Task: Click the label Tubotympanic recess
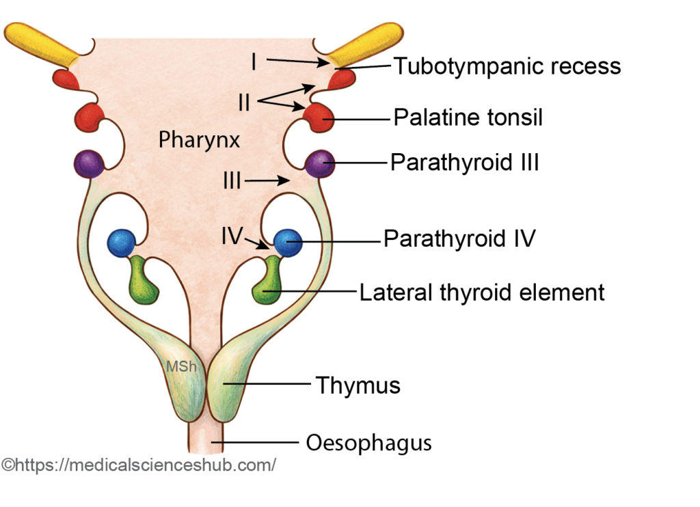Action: pos(507,66)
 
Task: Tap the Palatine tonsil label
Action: pos(468,118)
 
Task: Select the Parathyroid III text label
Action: pos(465,163)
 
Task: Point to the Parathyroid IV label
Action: pos(459,239)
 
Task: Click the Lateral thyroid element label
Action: pos(482,292)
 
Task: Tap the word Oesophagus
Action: pos(368,442)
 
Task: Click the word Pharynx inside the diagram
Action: pos(199,140)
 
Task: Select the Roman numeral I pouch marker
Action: pos(254,62)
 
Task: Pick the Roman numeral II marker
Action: pos(244,102)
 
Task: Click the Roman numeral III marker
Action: pos(231,181)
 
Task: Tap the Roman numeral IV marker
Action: pos(232,236)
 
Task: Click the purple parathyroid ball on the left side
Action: pos(89,163)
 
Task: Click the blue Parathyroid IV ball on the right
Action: pos(287,242)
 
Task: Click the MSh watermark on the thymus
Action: pos(182,366)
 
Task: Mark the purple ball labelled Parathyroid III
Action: pos(321,163)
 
